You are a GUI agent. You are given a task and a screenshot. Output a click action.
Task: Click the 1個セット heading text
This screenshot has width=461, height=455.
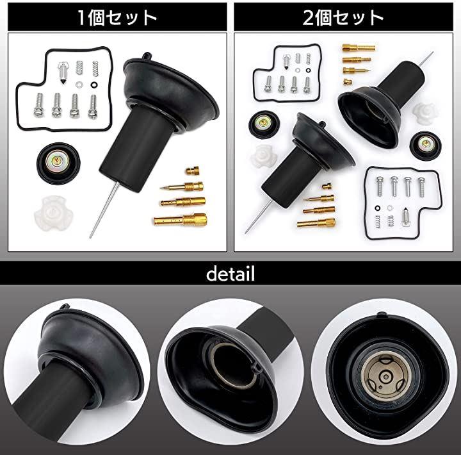117,18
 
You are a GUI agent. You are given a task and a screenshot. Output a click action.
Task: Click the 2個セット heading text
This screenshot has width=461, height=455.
343,18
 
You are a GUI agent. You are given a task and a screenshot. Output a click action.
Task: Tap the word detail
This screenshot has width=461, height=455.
230,274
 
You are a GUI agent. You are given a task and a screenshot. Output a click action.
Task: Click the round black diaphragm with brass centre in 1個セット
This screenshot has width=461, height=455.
58,163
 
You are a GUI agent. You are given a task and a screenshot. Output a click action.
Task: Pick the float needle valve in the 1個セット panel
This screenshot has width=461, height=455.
63,72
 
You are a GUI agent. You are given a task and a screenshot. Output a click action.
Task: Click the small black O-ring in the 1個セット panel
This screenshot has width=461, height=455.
94,85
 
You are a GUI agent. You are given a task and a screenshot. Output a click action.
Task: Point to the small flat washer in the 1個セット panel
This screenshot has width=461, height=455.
79,85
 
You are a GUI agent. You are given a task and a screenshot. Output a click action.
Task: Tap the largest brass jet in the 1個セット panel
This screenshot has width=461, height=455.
181,220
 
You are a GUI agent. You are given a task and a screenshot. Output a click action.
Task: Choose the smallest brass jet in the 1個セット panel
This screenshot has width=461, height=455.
192,170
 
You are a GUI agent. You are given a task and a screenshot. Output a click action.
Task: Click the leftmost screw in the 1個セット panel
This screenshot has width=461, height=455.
39,104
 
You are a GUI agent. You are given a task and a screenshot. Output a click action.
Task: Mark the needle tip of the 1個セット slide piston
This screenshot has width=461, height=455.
90,237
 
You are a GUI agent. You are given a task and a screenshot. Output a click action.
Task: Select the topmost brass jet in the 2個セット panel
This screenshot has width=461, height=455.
359,47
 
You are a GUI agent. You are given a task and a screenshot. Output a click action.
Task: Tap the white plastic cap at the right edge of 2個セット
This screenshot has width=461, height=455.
425,113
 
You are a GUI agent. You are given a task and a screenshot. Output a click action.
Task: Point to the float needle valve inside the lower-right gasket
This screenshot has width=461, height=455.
405,217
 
